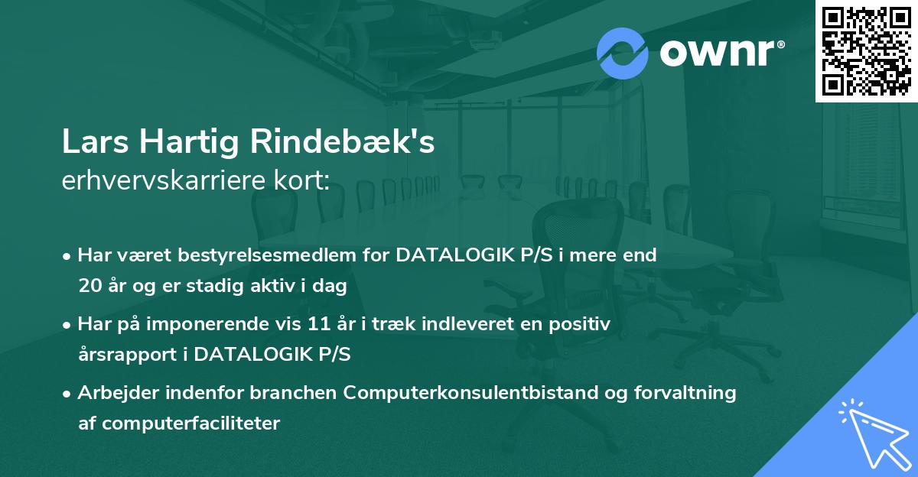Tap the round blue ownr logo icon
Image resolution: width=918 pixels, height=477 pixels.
[x=622, y=52]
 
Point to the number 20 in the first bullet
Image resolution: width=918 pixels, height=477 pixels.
[x=89, y=287]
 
